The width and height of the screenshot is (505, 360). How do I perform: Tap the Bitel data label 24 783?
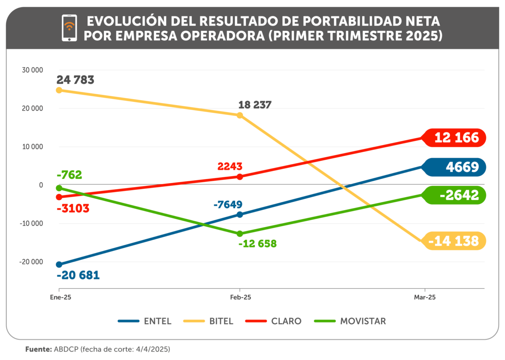coord(76,80)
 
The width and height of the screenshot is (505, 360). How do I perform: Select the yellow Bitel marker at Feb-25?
coord(240,115)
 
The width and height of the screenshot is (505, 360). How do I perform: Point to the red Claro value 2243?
coord(230,167)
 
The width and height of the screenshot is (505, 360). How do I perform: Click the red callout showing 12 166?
coord(456,138)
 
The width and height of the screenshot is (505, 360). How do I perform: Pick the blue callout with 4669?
coord(457,167)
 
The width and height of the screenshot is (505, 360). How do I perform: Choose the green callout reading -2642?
coord(457,195)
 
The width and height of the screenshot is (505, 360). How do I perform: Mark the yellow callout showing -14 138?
coord(456,241)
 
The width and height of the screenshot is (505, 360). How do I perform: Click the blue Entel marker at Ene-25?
coord(59,265)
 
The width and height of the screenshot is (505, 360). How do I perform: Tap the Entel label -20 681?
coord(78,275)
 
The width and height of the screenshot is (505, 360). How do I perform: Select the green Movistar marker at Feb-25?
coord(240,234)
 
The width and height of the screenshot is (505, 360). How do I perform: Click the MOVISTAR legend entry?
coord(350,321)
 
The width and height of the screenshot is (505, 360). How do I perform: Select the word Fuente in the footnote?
coord(38,349)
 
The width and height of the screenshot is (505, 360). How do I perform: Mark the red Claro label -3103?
coord(74,208)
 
